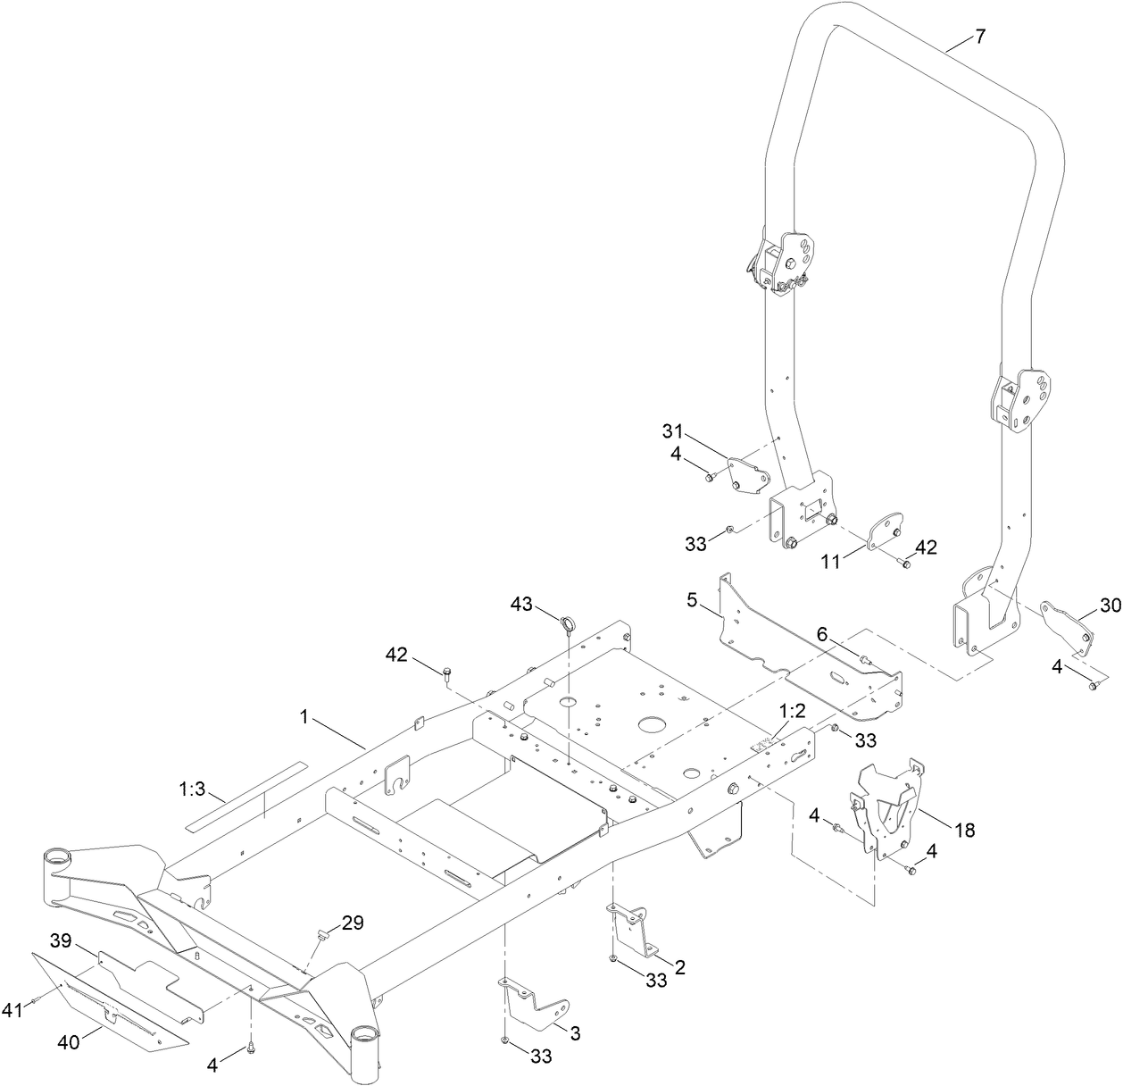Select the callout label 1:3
tap(192, 789)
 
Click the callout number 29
tap(353, 923)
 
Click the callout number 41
tap(12, 1010)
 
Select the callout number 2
tap(679, 966)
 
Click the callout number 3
tap(575, 1033)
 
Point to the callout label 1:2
tap(792, 712)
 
